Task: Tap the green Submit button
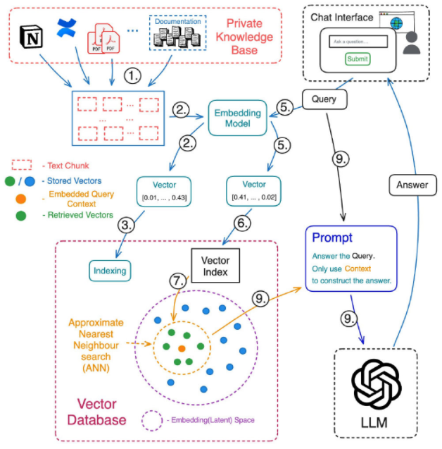pos(357,59)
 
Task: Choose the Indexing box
pos(110,269)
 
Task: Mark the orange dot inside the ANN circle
pos(181,348)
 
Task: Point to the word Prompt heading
pos(327,238)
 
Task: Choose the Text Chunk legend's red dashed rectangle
pos(24,164)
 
